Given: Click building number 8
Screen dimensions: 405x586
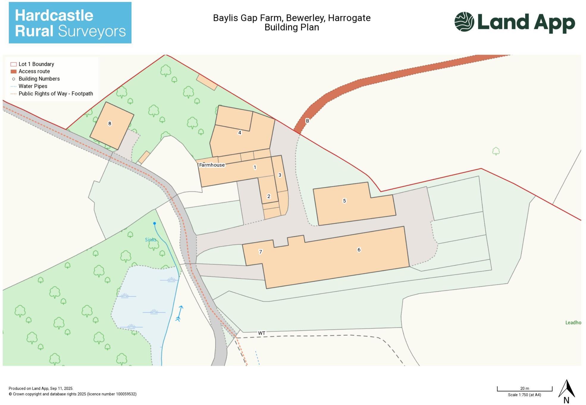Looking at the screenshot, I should (x=110, y=123).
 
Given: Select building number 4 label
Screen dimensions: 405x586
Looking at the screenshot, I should (x=240, y=133).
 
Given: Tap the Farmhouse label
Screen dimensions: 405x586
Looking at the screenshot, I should (x=212, y=165).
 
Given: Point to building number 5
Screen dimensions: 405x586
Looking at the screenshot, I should (x=344, y=201).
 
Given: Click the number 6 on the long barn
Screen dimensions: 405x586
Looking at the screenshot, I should (x=359, y=250).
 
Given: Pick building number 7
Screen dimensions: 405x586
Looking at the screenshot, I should (x=261, y=252).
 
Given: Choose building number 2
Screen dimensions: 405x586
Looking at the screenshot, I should (x=269, y=196).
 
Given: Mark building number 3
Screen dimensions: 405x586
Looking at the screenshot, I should (x=280, y=175).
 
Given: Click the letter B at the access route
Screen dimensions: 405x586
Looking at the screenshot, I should (x=307, y=121).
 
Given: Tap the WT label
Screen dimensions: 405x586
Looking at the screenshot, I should (x=261, y=333).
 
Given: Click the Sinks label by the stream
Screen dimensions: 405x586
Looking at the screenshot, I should (x=151, y=240).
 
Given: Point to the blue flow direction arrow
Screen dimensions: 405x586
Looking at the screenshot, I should (x=179, y=313).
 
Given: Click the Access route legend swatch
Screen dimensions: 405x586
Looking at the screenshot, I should (x=13, y=71).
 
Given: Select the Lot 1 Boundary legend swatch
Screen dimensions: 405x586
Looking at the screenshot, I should (x=13, y=64).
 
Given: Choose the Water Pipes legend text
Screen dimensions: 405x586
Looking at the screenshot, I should (x=33, y=86).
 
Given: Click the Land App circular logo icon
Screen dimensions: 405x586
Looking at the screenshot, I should (x=464, y=22).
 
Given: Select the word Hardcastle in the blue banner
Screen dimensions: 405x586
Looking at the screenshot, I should (x=54, y=15).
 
